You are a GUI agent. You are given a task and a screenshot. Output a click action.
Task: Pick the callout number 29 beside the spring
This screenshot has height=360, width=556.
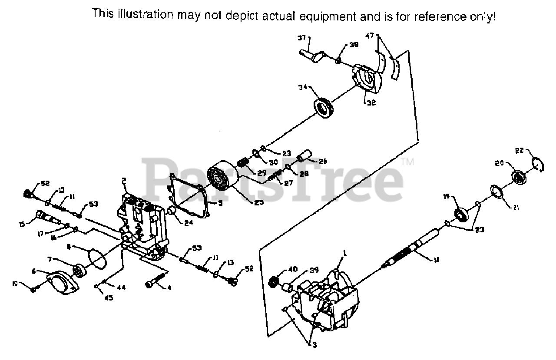261,172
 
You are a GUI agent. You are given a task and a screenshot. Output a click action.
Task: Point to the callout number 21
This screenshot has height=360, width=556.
516,207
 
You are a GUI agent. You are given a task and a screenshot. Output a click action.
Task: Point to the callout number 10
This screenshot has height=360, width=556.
15,284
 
